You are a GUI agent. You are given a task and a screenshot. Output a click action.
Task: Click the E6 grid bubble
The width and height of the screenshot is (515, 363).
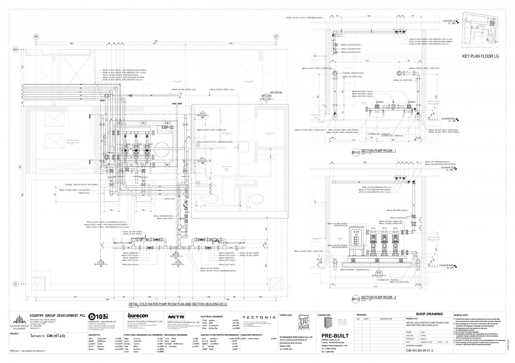tap(36, 36)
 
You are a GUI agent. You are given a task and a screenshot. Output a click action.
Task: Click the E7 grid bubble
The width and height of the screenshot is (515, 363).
tap(276, 36)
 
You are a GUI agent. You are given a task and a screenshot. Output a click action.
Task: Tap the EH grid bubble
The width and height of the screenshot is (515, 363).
tap(16, 49)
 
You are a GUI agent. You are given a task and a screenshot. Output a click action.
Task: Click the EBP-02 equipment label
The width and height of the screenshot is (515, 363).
tap(167, 127)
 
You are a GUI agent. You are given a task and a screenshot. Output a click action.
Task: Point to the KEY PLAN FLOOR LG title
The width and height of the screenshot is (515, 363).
tap(480, 56)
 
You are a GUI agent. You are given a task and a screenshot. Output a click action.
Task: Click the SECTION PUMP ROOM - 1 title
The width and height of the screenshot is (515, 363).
tap(378, 151)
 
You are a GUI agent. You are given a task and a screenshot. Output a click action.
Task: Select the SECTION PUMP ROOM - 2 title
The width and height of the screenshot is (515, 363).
tap(378, 297)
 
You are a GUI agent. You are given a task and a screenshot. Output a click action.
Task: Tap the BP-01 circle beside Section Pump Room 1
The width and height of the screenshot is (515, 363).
tap(355, 153)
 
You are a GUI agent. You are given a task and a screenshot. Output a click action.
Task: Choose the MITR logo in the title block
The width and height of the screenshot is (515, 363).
tap(176, 316)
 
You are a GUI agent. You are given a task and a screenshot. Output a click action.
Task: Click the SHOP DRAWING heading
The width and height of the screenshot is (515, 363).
tap(429, 314)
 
